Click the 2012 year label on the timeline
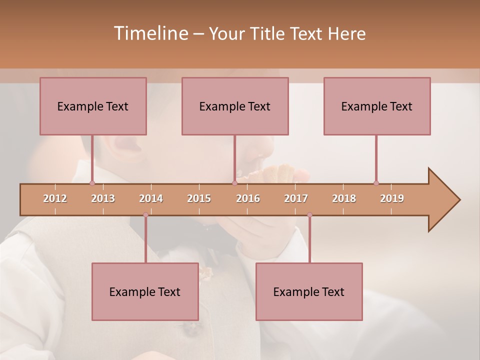[x=55, y=198]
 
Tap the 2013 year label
[x=103, y=198]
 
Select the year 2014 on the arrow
[x=151, y=198]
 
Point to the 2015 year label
[x=199, y=198]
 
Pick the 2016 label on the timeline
[x=248, y=198]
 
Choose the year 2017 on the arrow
[x=296, y=198]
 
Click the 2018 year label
[x=344, y=198]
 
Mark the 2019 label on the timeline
[x=392, y=198]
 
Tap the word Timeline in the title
[x=150, y=33]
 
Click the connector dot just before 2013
[x=92, y=183]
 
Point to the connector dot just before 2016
[x=234, y=183]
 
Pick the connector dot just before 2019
[x=376, y=183]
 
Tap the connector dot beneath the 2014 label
[x=145, y=215]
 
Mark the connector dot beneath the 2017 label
[x=309, y=215]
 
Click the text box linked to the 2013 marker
[x=93, y=106]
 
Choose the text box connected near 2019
[x=377, y=106]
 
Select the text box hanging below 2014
[x=145, y=291]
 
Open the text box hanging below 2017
[x=309, y=291]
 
